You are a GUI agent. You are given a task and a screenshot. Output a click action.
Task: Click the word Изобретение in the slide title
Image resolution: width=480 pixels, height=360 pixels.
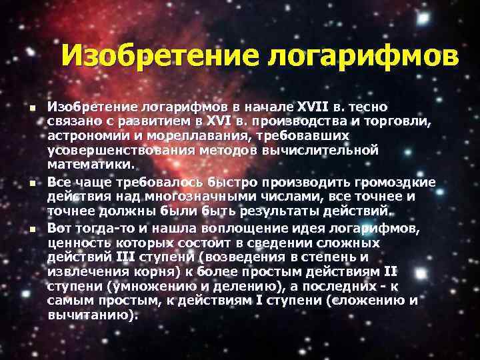coord(161,56)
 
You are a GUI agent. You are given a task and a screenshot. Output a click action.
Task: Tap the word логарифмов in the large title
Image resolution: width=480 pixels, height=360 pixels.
coord(363,56)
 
